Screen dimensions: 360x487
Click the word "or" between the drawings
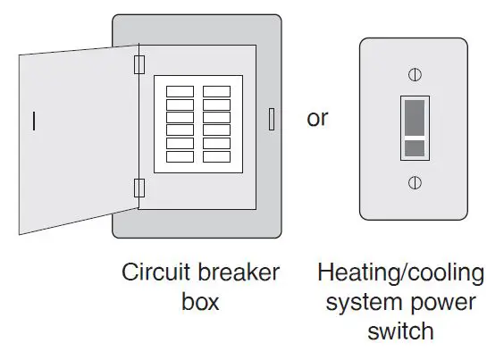click(317, 118)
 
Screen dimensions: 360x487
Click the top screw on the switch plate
click(414, 72)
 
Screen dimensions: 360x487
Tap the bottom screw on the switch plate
click(414, 182)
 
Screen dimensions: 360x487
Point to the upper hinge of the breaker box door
click(139, 64)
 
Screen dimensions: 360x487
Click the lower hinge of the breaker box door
click(139, 188)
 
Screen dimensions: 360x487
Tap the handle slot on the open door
click(34, 121)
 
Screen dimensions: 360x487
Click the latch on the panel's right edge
click(271, 119)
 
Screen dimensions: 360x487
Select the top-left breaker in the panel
click(180, 91)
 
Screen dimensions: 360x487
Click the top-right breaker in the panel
click(216, 91)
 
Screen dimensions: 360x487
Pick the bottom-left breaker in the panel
click(180, 156)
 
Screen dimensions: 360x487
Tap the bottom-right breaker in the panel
click(216, 156)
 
